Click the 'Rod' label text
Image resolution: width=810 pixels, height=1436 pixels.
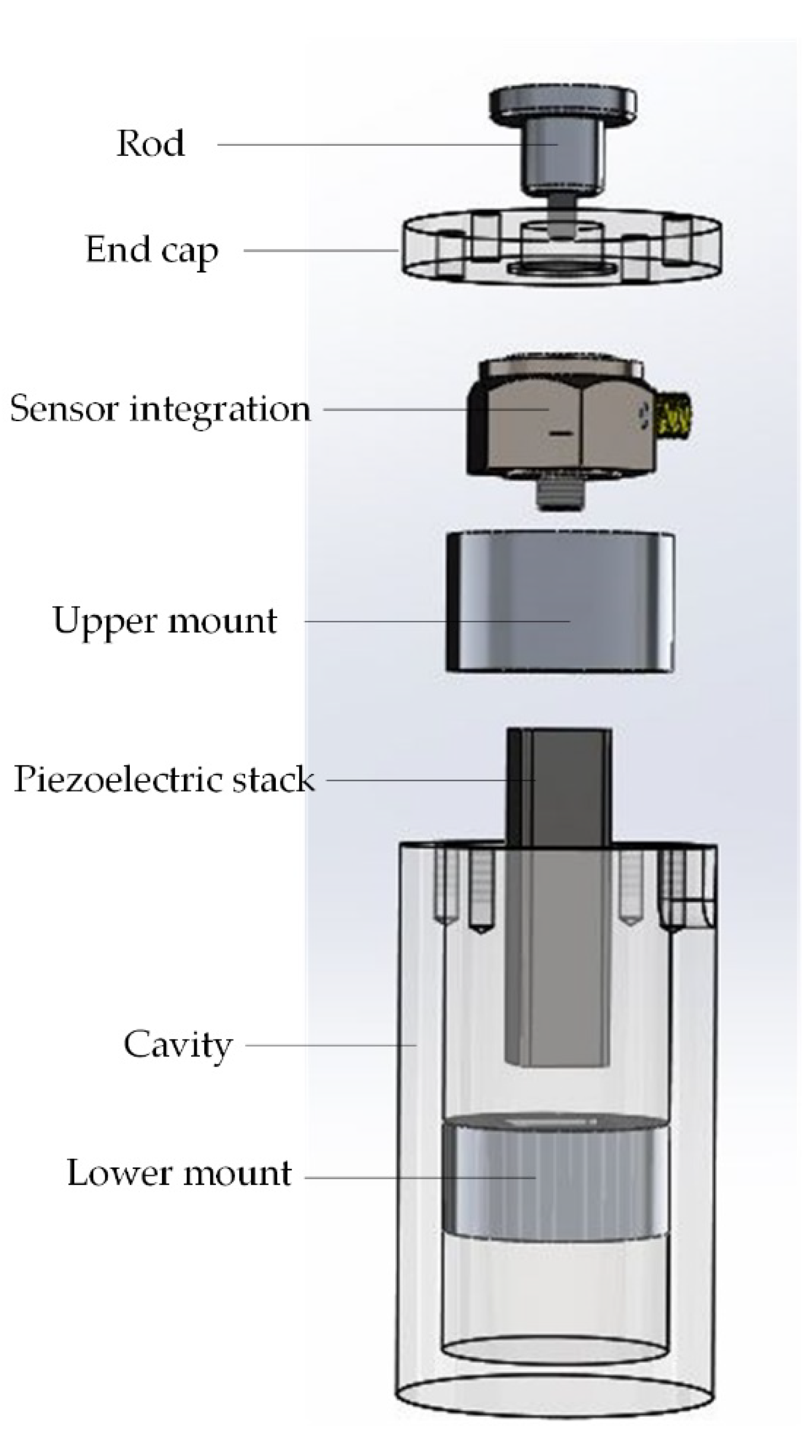pyautogui.click(x=150, y=143)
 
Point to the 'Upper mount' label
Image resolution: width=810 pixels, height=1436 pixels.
pyautogui.click(x=165, y=620)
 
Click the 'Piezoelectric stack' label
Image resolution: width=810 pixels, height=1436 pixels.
pyautogui.click(x=163, y=779)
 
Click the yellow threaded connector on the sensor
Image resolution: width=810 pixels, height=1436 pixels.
pyautogui.click(x=675, y=415)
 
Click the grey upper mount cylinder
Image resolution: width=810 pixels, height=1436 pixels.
pyautogui.click(x=560, y=602)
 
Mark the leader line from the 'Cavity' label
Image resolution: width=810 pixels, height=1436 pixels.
pyautogui.click(x=331, y=1045)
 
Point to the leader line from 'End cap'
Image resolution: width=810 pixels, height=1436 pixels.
pyautogui.click(x=321, y=250)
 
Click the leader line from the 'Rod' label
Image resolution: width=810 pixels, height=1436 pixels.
pyautogui.click(x=385, y=144)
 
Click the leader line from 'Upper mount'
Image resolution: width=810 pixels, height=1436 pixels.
pyautogui.click(x=435, y=621)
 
